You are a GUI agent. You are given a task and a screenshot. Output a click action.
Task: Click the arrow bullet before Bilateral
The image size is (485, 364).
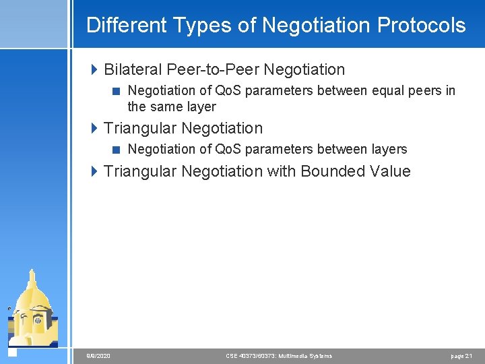[94, 69]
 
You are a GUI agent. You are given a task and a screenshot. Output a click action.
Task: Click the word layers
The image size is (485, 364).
[386, 149]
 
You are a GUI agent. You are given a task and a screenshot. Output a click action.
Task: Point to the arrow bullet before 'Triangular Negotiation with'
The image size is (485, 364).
[94, 171]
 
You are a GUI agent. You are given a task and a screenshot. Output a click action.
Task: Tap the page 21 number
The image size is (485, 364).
[461, 356]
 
